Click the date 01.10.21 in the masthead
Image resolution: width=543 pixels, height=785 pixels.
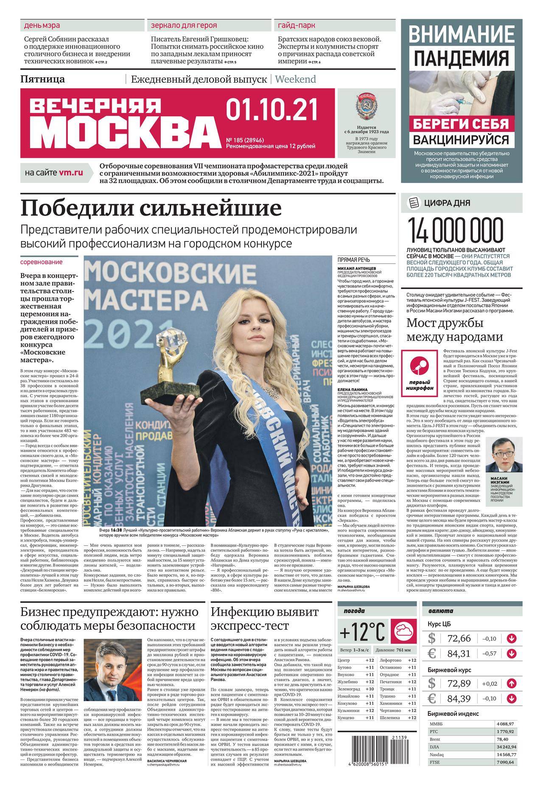(x=272, y=110)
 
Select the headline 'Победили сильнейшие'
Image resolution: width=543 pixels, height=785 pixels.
(x=151, y=208)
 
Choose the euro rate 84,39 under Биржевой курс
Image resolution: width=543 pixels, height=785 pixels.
(x=461, y=698)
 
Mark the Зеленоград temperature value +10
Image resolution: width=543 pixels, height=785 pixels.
(x=369, y=689)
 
